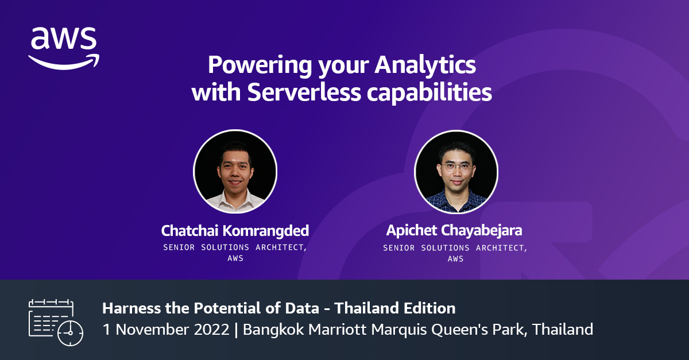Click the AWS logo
tap(64, 47)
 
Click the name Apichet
tap(411, 231)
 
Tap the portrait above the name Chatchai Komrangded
tap(235, 172)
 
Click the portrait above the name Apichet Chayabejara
tap(456, 172)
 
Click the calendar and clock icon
tap(56, 322)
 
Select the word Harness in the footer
tap(128, 308)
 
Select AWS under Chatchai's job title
tap(235, 258)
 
